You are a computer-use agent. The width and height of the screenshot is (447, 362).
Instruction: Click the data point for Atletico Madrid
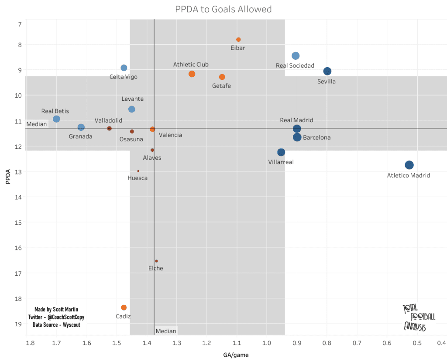[409, 165]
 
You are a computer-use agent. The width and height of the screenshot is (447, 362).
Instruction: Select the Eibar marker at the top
[238, 40]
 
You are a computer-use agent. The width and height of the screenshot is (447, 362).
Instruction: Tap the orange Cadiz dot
[124, 307]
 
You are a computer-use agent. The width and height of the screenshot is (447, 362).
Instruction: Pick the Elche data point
[156, 261]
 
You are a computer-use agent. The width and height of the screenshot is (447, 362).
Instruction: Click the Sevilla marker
[327, 71]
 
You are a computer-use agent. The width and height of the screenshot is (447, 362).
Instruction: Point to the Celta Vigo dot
[124, 68]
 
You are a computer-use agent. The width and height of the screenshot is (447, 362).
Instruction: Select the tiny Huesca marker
[138, 171]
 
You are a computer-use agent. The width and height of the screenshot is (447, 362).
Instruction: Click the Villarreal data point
[281, 152]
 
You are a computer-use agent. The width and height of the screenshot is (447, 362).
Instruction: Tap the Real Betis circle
[56, 119]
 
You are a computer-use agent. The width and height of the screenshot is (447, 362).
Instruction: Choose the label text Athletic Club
[191, 65]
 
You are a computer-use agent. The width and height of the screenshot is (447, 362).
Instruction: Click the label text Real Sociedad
[295, 66]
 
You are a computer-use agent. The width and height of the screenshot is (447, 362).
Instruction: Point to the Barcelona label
[316, 137]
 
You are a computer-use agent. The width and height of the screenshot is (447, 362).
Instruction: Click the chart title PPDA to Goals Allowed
[223, 9]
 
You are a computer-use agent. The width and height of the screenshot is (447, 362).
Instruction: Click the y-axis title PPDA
[8, 179]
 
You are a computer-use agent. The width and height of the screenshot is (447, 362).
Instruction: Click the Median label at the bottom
[166, 331]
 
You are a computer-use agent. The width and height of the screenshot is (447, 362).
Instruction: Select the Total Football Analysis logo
[415, 317]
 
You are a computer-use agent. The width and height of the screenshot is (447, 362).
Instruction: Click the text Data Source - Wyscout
[56, 325]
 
